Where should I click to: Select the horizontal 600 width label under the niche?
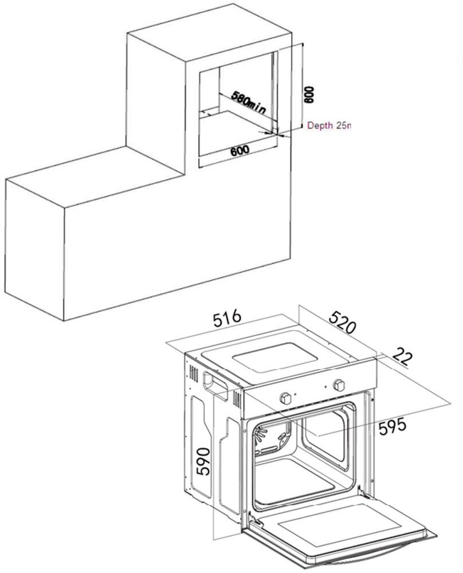(x=239, y=151)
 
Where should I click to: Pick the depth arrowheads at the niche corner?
(x=270, y=132)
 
